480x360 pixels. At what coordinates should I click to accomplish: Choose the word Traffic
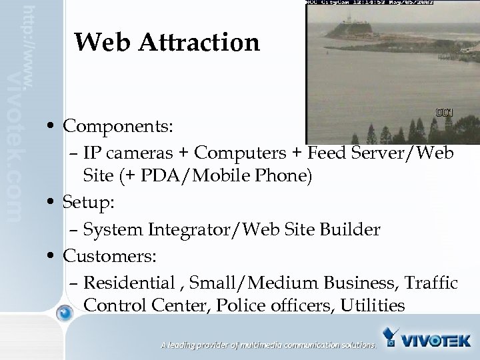coord(430,283)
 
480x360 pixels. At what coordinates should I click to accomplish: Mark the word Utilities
coord(372,306)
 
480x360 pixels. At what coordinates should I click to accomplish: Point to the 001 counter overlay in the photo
coord(444,113)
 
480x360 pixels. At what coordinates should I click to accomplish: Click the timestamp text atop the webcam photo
coord(369,3)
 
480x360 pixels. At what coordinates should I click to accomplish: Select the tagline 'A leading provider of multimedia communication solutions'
coord(268,345)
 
